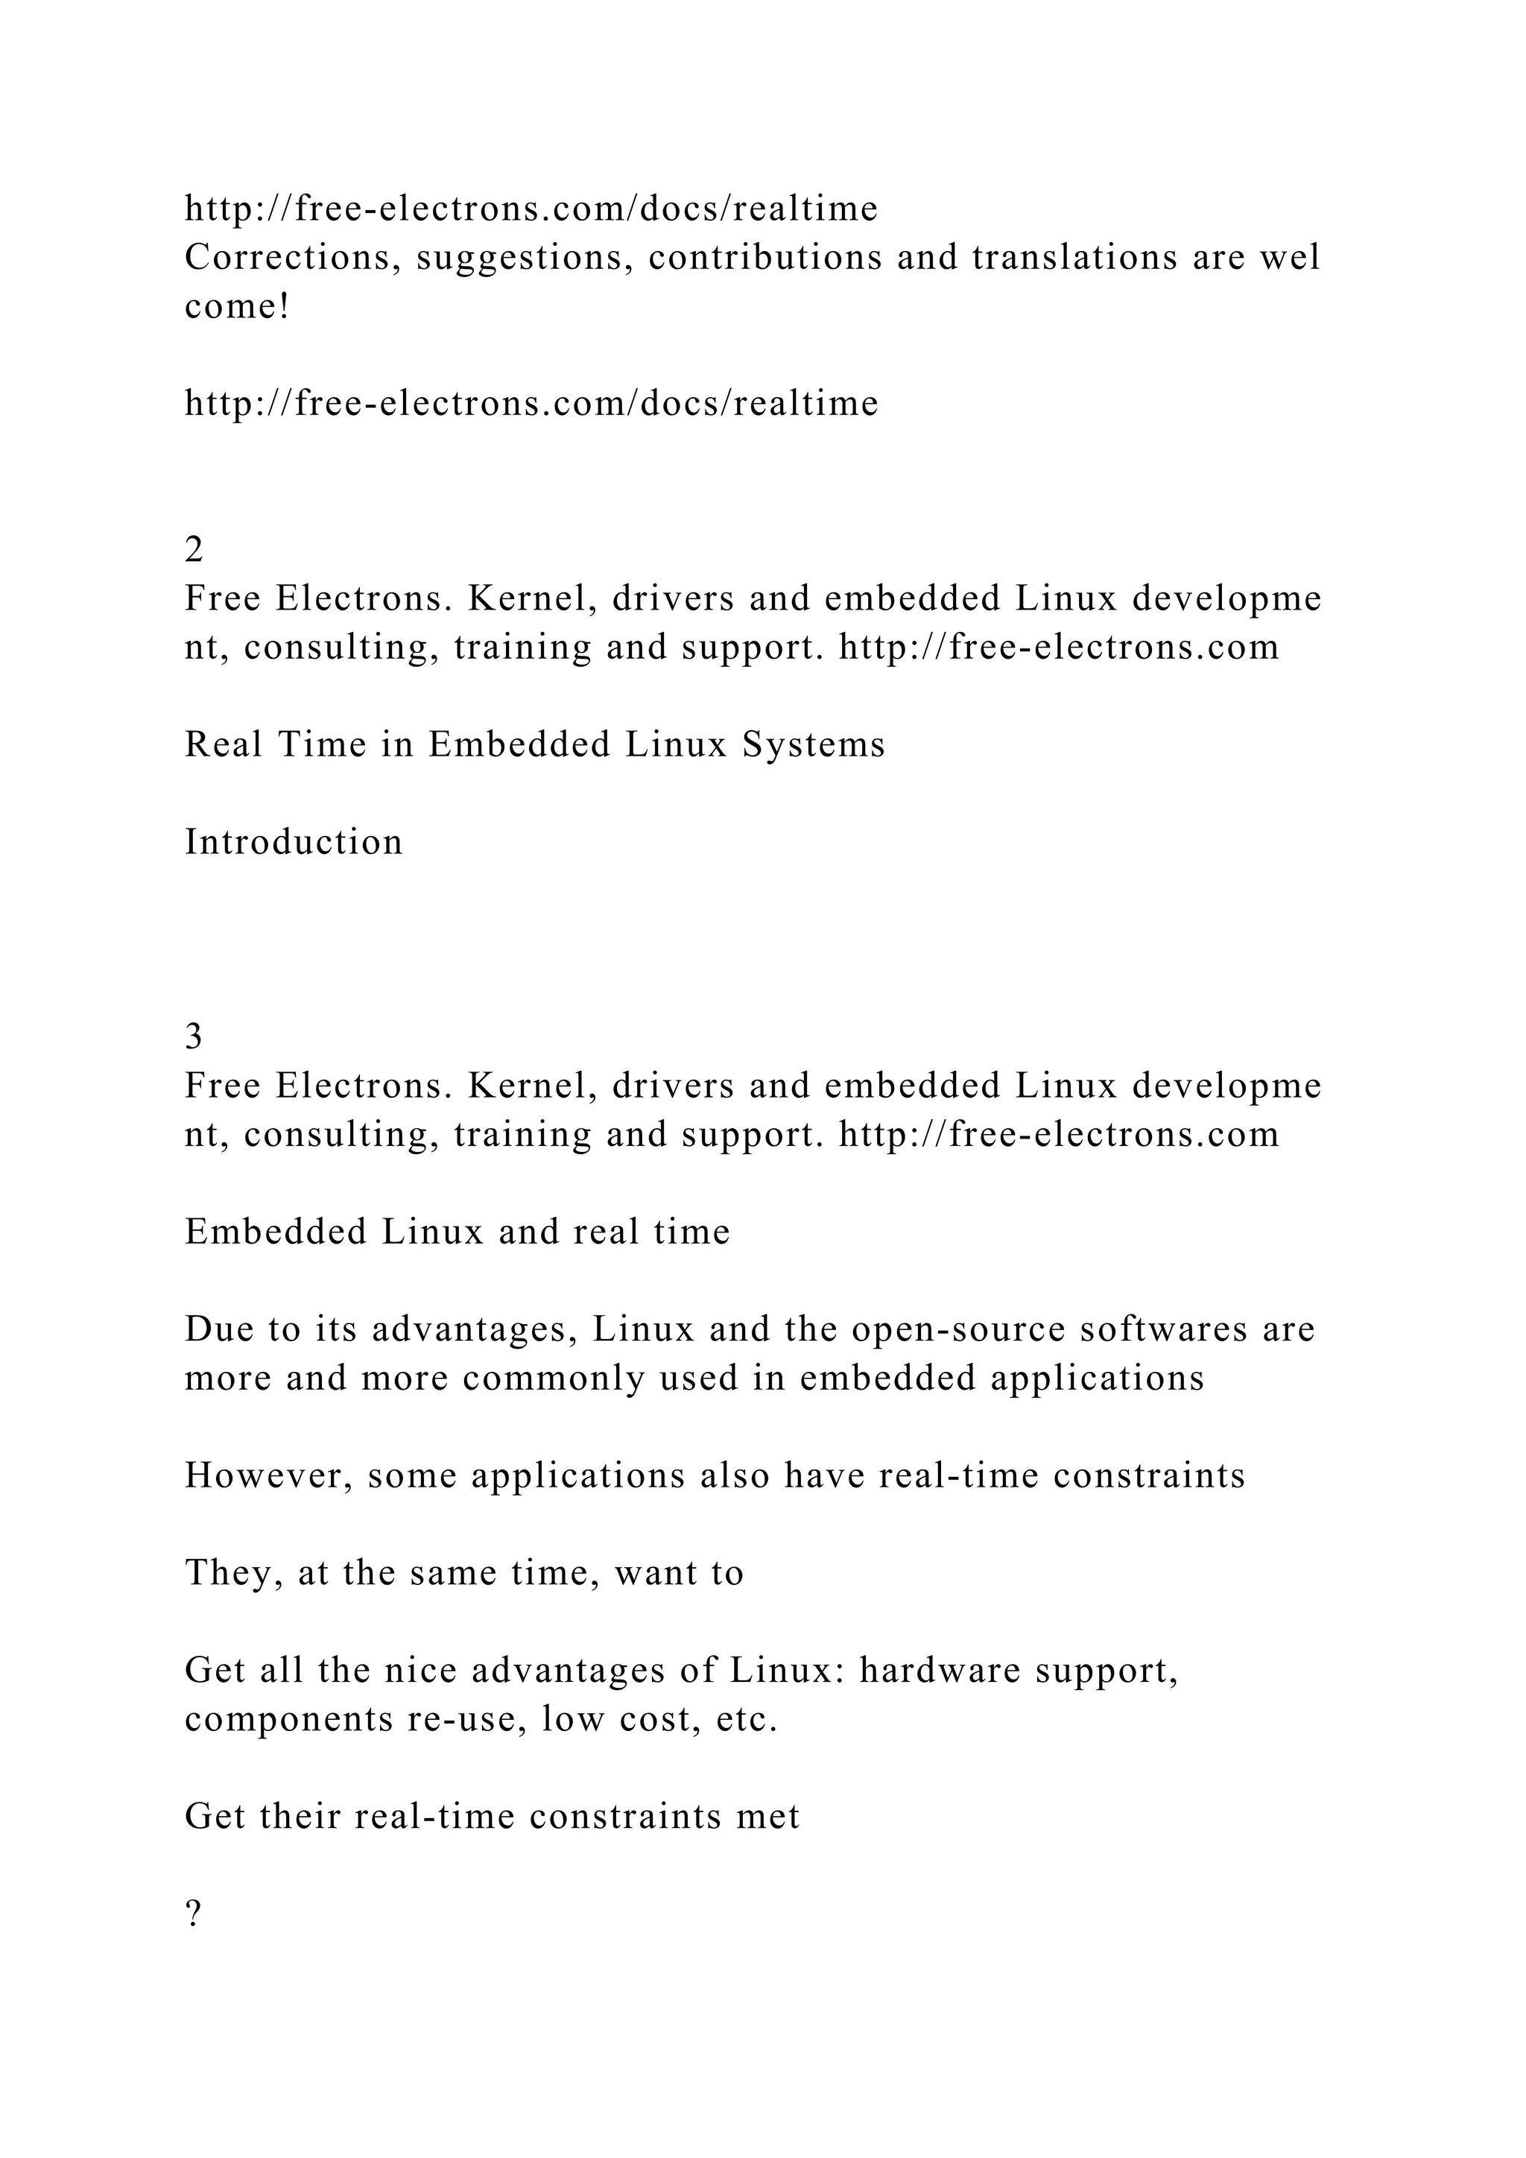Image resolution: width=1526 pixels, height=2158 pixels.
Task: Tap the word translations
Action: tap(1074, 258)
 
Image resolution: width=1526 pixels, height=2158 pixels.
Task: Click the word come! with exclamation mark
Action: tap(237, 306)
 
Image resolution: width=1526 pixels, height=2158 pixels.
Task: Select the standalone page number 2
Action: tap(194, 550)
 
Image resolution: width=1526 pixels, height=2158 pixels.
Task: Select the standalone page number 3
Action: tap(194, 1037)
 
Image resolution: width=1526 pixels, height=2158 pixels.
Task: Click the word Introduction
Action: tap(293, 842)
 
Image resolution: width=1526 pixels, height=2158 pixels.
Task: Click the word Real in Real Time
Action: tap(223, 745)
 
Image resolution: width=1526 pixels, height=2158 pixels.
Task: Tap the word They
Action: tap(234, 1573)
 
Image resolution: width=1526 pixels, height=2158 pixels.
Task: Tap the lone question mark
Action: tap(193, 1914)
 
